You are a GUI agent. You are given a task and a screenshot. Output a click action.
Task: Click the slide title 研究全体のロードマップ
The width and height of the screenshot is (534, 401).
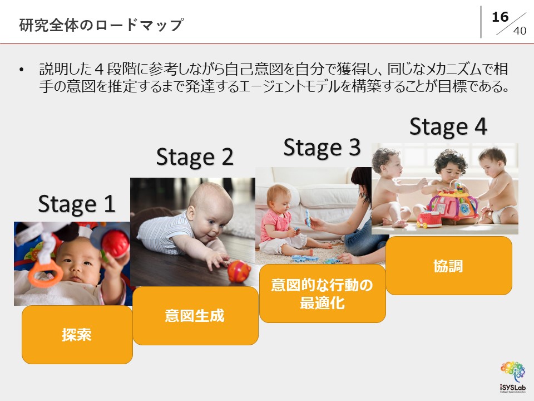click(101, 25)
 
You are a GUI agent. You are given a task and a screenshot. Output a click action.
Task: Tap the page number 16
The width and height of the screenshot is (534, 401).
click(500, 17)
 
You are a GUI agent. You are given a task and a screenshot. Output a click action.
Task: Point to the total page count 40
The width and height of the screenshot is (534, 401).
click(520, 31)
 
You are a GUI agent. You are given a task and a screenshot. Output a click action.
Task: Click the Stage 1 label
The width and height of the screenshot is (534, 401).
click(77, 204)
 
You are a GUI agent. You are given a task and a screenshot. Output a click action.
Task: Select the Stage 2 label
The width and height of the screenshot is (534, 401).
click(195, 157)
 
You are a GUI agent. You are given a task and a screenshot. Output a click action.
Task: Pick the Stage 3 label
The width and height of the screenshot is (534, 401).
click(322, 148)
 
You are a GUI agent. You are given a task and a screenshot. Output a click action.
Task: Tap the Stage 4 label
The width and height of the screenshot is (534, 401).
click(448, 126)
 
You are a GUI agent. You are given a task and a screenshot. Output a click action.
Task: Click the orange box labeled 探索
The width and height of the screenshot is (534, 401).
click(77, 335)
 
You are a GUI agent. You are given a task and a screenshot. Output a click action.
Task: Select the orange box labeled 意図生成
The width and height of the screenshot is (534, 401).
click(195, 316)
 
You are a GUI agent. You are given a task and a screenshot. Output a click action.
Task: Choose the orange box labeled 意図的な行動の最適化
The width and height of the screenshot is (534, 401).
click(323, 294)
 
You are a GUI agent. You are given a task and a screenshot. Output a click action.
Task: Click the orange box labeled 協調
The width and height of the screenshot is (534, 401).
click(449, 266)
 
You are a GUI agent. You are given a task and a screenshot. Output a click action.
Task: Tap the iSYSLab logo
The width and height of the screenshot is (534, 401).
click(513, 377)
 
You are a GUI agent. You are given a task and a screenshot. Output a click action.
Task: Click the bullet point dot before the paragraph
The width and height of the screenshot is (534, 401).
click(22, 70)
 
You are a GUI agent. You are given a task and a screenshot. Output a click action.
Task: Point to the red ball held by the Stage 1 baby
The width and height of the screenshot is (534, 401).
click(116, 243)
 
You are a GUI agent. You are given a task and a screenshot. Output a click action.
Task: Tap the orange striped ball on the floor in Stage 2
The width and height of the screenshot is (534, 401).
click(239, 271)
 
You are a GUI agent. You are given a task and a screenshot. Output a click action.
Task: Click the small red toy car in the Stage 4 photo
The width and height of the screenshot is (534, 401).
click(428, 219)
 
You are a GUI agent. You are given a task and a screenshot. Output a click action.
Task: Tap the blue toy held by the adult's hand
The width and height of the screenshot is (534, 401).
click(308, 218)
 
